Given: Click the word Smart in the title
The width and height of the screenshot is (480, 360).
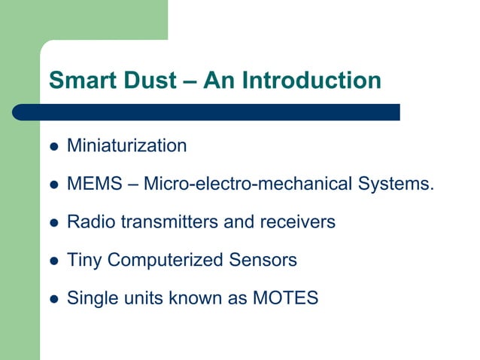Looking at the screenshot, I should tap(81, 80).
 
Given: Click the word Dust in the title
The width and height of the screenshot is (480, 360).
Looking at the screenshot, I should tap(147, 80).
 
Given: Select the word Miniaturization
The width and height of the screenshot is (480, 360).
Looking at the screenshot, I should tap(126, 145).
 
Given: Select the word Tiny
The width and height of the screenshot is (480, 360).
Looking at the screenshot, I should tap(84, 261).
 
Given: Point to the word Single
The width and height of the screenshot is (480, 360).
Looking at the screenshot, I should tap(89, 299).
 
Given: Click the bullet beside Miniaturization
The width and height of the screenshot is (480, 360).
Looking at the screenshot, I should tap(53, 146).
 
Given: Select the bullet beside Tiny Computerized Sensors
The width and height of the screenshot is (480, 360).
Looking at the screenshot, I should tap(53, 261).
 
